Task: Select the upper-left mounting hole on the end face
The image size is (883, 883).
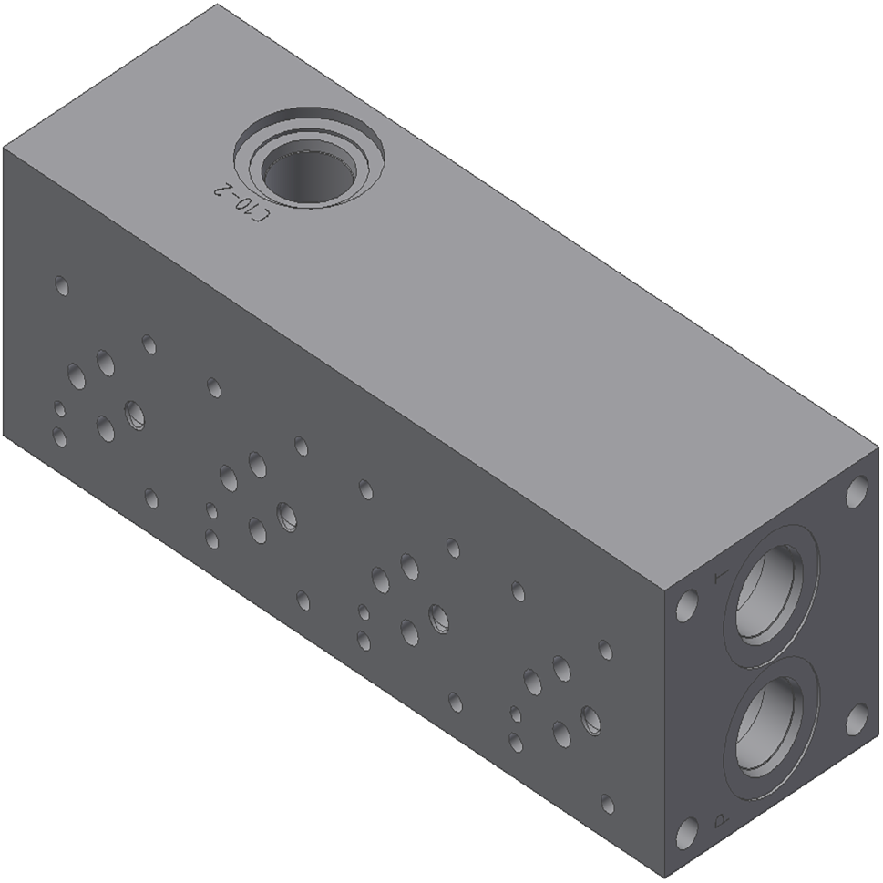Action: (687, 605)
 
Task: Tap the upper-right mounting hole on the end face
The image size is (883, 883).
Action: (857, 492)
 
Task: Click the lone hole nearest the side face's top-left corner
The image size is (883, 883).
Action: (61, 286)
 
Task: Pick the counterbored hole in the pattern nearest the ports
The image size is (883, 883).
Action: (590, 720)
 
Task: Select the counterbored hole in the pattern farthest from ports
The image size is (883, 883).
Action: (134, 415)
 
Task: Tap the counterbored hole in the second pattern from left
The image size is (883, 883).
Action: (286, 516)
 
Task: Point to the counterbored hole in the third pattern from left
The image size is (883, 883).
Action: (438, 618)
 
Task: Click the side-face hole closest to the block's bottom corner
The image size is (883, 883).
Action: (607, 805)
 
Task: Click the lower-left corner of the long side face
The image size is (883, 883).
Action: (4, 436)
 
